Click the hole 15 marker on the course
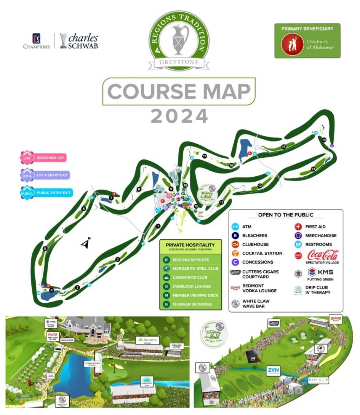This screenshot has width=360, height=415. point(283,146)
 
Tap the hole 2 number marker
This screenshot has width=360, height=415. point(118,260)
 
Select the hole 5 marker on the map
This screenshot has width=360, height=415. point(45,249)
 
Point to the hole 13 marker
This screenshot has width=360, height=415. point(313,169)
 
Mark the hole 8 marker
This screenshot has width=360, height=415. point(139,189)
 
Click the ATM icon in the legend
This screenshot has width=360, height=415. point(235,227)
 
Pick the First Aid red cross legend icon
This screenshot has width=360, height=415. point(298,227)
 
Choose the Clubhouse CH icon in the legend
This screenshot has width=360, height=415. point(235,244)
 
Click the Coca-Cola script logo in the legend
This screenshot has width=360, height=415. point(323,254)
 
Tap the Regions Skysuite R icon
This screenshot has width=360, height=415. point(166,260)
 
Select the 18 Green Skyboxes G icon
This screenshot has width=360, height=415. point(166,304)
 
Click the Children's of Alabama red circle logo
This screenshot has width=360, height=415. point(292,44)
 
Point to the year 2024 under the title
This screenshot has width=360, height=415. point(179,117)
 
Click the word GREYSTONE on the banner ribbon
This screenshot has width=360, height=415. point(179,63)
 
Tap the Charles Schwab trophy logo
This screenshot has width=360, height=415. point(63,41)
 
